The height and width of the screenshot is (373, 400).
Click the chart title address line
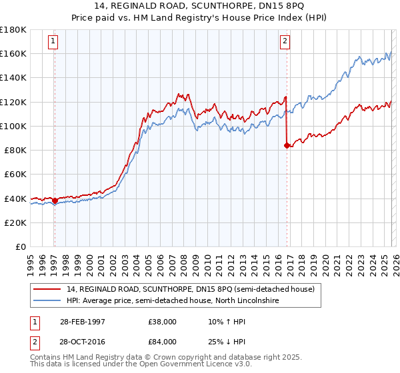coord(200,6)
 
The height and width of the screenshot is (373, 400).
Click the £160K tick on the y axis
coord(14,53)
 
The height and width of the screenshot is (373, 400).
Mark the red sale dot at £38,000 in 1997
coord(55,200)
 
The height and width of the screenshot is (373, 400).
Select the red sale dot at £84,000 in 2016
coord(287,145)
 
